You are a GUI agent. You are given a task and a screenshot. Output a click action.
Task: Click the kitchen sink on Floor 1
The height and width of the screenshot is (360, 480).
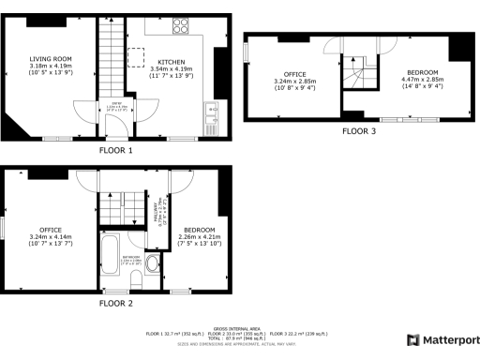click(x=212, y=112)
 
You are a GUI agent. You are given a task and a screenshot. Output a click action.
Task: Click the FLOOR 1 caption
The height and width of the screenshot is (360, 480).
click(x=116, y=150)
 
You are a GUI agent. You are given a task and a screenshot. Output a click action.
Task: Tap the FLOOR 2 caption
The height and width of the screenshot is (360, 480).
click(x=116, y=304)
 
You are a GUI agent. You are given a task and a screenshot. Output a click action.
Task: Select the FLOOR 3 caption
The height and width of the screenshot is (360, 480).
click(x=358, y=131)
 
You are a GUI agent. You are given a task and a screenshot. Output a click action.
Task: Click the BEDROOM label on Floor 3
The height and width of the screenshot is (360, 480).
click(x=423, y=72)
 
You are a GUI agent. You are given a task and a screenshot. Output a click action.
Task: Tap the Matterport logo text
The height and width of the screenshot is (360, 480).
click(x=445, y=339)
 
